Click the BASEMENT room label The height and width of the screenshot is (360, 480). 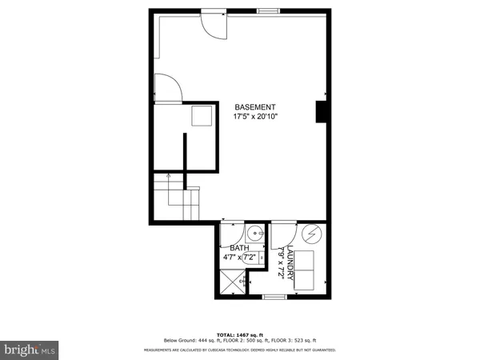coord(255,106)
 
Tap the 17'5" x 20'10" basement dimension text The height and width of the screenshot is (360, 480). coord(255,117)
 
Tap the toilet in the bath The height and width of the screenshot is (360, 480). coord(258,258)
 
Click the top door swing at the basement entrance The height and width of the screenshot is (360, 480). coord(213,24)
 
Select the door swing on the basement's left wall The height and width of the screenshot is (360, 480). coord(168,89)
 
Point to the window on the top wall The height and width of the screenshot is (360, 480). coord(268,10)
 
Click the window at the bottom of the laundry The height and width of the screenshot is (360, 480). coord(274,297)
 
